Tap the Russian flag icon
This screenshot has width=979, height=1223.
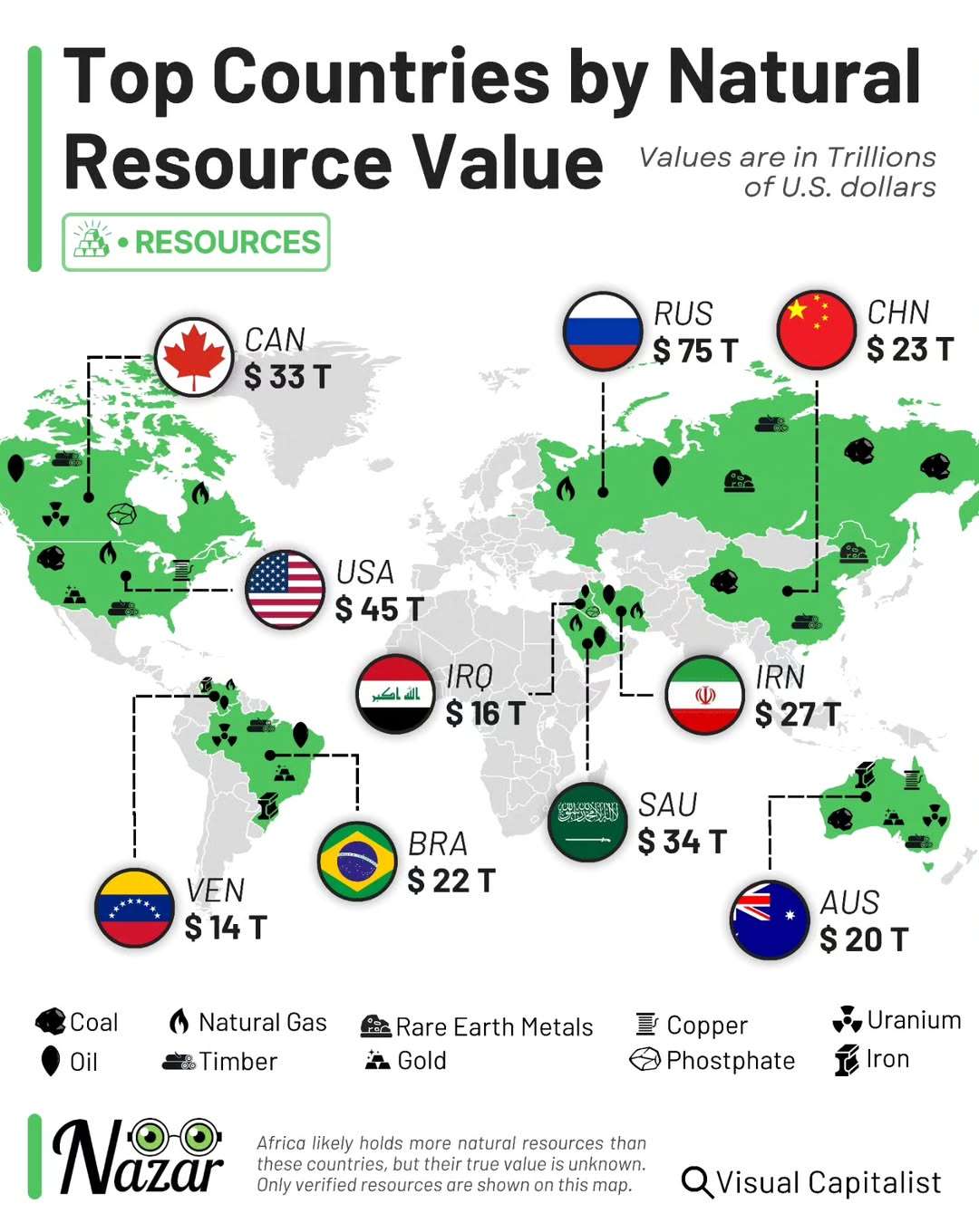pos(603,332)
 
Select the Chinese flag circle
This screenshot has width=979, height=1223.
pos(817,330)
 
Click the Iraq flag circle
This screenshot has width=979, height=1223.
pos(396,694)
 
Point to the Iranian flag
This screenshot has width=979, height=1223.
pos(704,695)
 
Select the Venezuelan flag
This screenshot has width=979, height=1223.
pos(134,908)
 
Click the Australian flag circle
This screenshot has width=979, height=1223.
pos(770,920)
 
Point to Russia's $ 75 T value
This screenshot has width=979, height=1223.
pos(696,351)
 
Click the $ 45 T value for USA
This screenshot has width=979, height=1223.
pos(379,610)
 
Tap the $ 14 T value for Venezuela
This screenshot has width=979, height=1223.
pos(226,928)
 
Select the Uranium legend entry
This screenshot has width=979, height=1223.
pos(897,1020)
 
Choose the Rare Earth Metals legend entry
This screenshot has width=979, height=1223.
pos(478,1026)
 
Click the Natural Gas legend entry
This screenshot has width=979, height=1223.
pos(248,1023)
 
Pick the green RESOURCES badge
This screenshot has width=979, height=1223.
pos(196,243)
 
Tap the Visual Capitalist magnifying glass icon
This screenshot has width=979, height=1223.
pos(697,1182)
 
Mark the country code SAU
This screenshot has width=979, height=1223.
pos(668,804)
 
